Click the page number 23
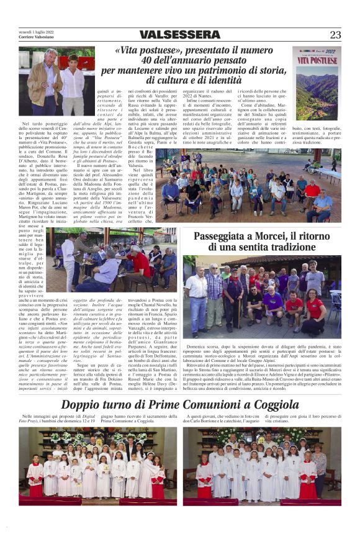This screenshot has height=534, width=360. click(335, 35)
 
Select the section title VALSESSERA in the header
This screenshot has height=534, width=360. click(179, 35)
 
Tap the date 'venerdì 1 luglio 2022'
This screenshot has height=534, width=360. click(38, 32)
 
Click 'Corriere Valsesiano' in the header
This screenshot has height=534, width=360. click(37, 38)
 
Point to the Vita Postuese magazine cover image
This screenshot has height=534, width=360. click(317, 84)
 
